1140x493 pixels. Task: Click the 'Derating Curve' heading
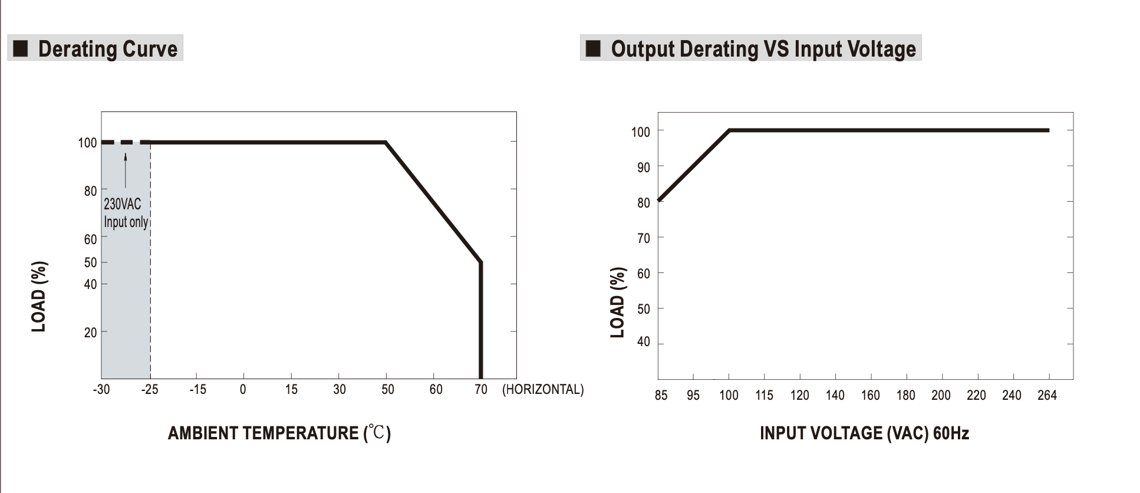click(107, 49)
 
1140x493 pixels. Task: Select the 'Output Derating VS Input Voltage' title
click(763, 49)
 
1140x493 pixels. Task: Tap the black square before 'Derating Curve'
click(21, 48)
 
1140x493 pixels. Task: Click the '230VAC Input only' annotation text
click(125, 213)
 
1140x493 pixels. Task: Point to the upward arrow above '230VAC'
click(125, 170)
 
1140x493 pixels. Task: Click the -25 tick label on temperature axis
click(150, 390)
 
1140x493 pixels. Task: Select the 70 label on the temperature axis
click(481, 390)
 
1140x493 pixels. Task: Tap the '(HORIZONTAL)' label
click(542, 390)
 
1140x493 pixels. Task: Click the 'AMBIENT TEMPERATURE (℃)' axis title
click(279, 433)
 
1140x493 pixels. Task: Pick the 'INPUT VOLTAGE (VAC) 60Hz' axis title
click(864, 433)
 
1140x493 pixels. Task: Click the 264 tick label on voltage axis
click(1047, 396)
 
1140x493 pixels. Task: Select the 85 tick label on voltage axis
click(661, 396)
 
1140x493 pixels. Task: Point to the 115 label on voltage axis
click(764, 396)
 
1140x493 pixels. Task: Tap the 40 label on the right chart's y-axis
click(643, 342)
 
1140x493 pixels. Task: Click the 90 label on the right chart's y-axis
click(643, 167)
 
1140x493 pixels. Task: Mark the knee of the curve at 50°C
click(386, 142)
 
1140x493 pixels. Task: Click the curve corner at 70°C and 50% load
click(481, 262)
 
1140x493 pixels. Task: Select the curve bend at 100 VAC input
click(729, 130)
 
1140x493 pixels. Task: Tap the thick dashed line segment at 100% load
click(126, 142)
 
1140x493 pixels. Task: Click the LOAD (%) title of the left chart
click(39, 297)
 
